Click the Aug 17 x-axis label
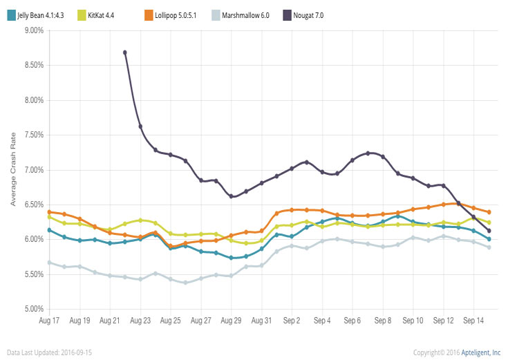[x=49, y=321]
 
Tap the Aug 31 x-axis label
[x=261, y=321]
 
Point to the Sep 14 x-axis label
[x=473, y=321]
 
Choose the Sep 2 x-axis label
[x=292, y=321]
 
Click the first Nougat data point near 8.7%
[x=125, y=53]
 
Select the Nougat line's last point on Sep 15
[x=489, y=231]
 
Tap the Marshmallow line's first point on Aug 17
[x=49, y=263]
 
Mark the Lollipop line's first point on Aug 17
[x=49, y=211]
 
